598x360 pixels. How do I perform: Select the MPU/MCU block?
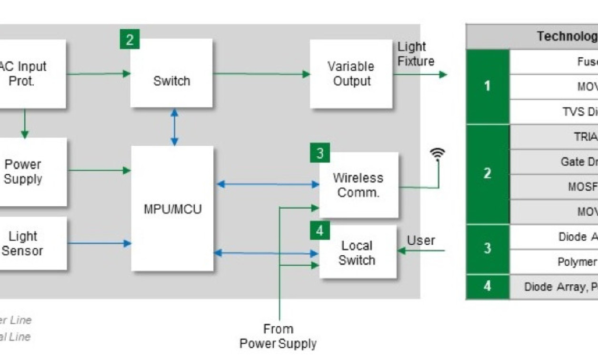pyautogui.click(x=172, y=209)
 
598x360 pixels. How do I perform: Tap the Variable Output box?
pyautogui.click(x=351, y=74)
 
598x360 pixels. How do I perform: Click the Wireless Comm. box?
pyautogui.click(x=358, y=185)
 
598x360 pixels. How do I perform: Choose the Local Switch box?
pyautogui.click(x=357, y=253)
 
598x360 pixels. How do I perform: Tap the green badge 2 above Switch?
pyautogui.click(x=130, y=40)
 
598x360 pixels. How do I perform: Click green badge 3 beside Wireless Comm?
pyautogui.click(x=319, y=153)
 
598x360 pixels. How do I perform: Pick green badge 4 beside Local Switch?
pyautogui.click(x=319, y=231)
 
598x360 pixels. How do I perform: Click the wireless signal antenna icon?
pyautogui.click(x=437, y=154)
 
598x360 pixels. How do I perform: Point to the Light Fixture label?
pyautogui.click(x=416, y=54)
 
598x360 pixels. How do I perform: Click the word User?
pyautogui.click(x=421, y=240)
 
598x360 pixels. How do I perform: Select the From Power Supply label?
pyautogui.click(x=278, y=336)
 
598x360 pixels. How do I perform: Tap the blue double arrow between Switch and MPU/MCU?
pyautogui.click(x=174, y=127)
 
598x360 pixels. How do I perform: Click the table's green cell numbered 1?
pyautogui.click(x=487, y=87)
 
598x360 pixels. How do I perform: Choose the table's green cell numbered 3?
pyautogui.click(x=487, y=249)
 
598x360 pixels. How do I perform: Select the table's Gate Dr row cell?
pyautogui.click(x=554, y=162)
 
